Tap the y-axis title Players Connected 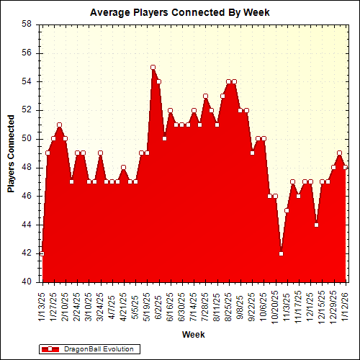pos(11,153)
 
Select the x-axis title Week pos(193,335)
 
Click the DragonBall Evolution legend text pos(99,349)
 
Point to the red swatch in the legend pos(50,349)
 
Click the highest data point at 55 pos(153,67)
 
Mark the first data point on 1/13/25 pos(42,253)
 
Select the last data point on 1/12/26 pos(346,167)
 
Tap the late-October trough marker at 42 pos(281,253)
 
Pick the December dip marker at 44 pos(316,225)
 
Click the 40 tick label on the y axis pos(26,282)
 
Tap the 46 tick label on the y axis pos(26,196)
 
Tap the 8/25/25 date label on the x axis pos(228,305)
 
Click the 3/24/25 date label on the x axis pos(100,305)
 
